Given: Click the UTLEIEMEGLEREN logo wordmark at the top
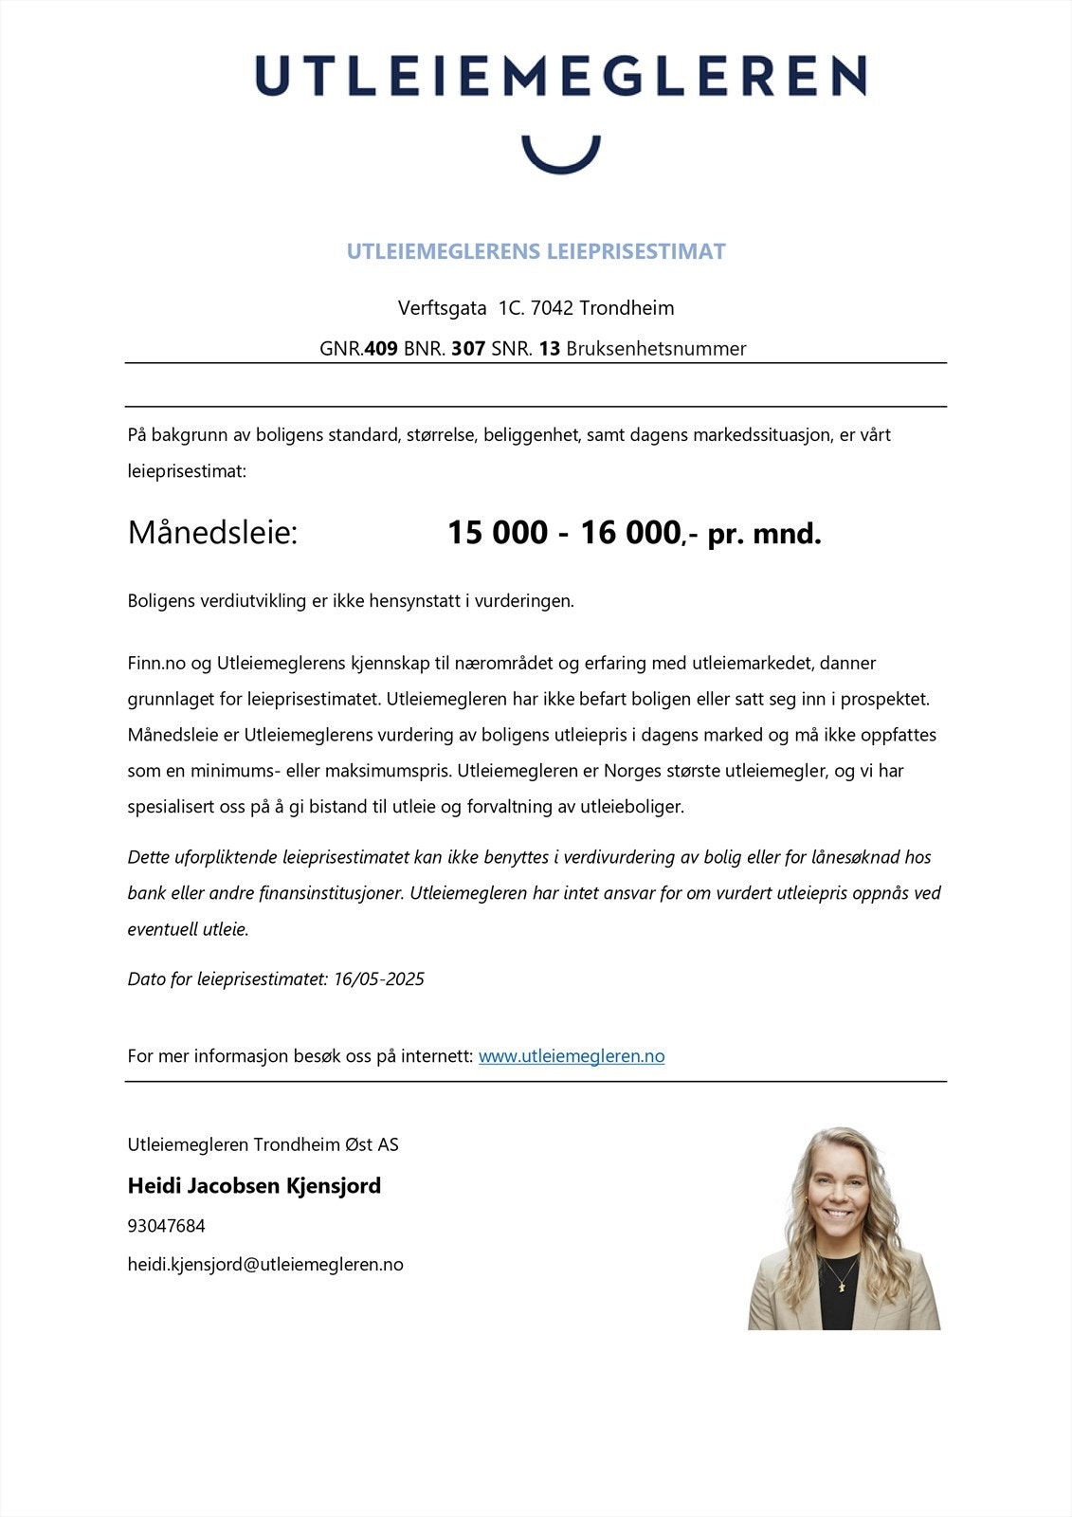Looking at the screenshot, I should [560, 75].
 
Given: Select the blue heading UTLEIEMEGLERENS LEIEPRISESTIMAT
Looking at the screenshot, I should [536, 251].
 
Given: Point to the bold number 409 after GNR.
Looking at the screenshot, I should [381, 349].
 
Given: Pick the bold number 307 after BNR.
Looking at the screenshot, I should [468, 349].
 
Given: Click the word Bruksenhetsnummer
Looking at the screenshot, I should [656, 349].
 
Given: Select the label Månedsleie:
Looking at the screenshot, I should [212, 533].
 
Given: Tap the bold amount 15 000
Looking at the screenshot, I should [498, 533].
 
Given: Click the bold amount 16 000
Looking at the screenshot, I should [630, 533].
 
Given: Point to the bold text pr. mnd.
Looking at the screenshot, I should [764, 534].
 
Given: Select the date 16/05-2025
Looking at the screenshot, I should [379, 978].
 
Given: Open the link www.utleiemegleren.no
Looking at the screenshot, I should [572, 1056].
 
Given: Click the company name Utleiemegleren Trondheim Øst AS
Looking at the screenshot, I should [263, 1144].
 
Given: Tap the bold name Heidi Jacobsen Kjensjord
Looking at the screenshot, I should [254, 1185].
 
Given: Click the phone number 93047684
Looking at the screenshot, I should [166, 1226].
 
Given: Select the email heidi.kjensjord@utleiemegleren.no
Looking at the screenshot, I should [265, 1265].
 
